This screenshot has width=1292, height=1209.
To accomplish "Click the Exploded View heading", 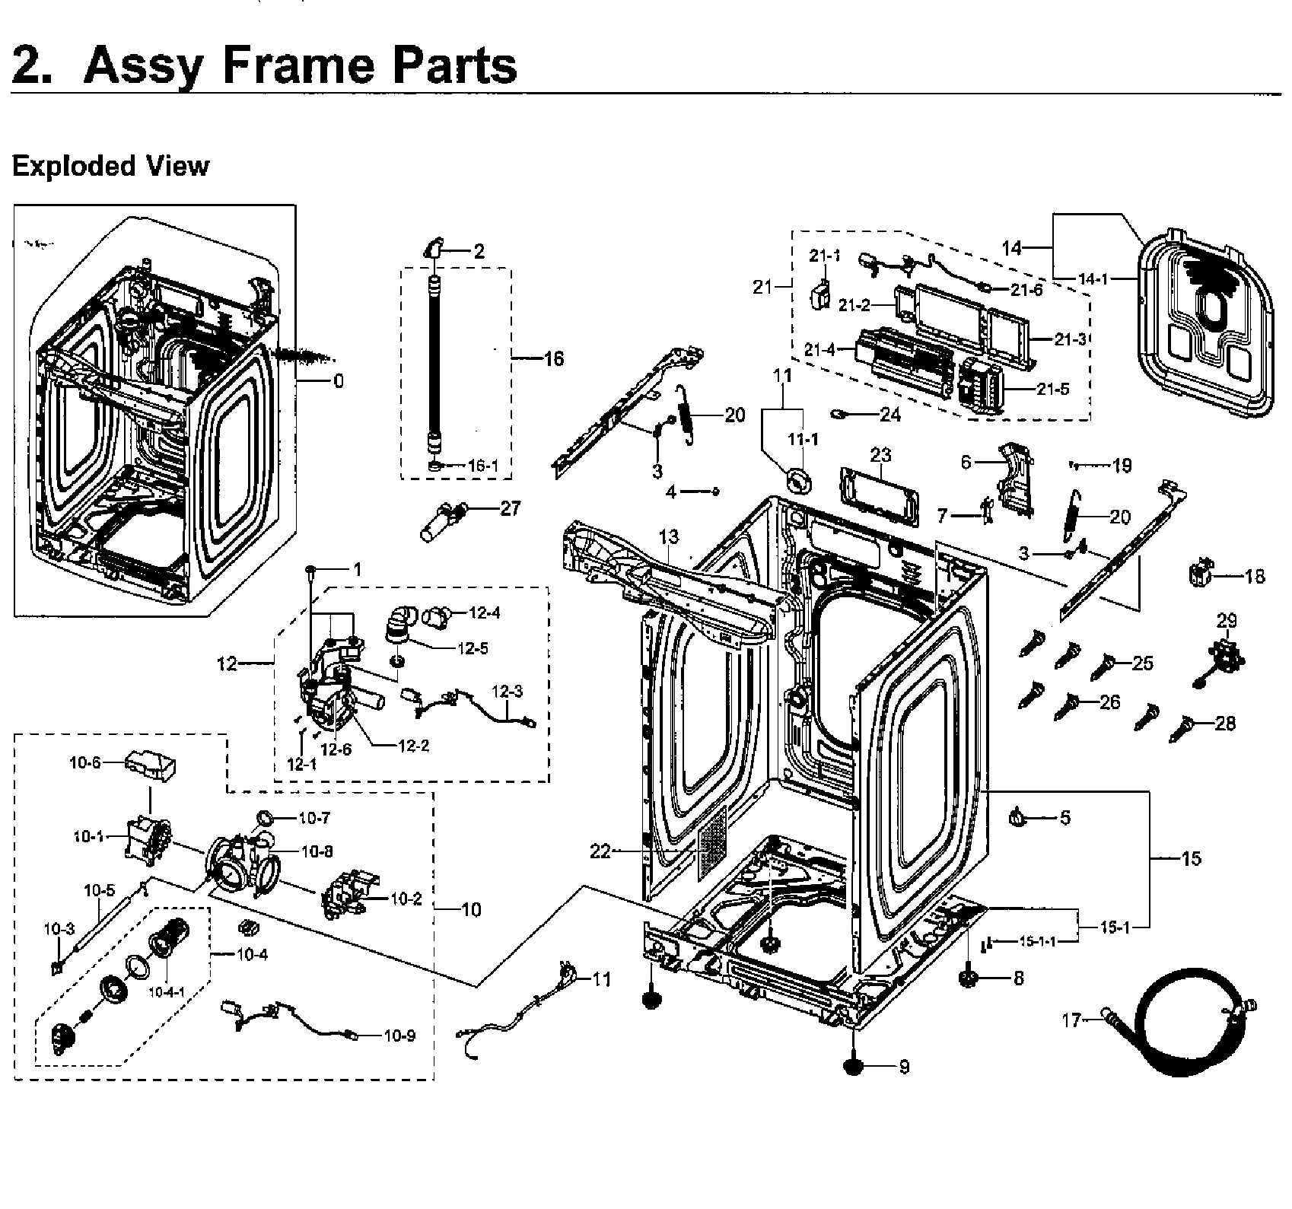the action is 110,166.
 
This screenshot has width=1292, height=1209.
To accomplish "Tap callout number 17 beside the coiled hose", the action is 1071,1020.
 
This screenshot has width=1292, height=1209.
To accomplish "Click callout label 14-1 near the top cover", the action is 1093,279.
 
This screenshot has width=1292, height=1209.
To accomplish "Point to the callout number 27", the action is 510,507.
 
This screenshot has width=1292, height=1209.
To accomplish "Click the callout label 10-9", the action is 399,1035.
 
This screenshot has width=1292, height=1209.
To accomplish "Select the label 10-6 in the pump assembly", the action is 84,762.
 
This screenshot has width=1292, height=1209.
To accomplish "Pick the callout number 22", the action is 600,851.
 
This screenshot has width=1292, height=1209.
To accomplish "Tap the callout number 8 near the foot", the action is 1019,978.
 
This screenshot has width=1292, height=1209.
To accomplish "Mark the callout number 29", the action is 1227,620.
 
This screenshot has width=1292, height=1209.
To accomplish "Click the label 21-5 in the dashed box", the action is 1053,389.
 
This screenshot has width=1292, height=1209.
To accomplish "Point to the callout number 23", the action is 880,455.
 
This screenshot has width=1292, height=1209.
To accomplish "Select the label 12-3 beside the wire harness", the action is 507,692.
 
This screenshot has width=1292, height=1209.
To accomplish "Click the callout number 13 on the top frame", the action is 668,537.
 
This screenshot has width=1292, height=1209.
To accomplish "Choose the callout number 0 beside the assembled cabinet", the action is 339,380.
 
